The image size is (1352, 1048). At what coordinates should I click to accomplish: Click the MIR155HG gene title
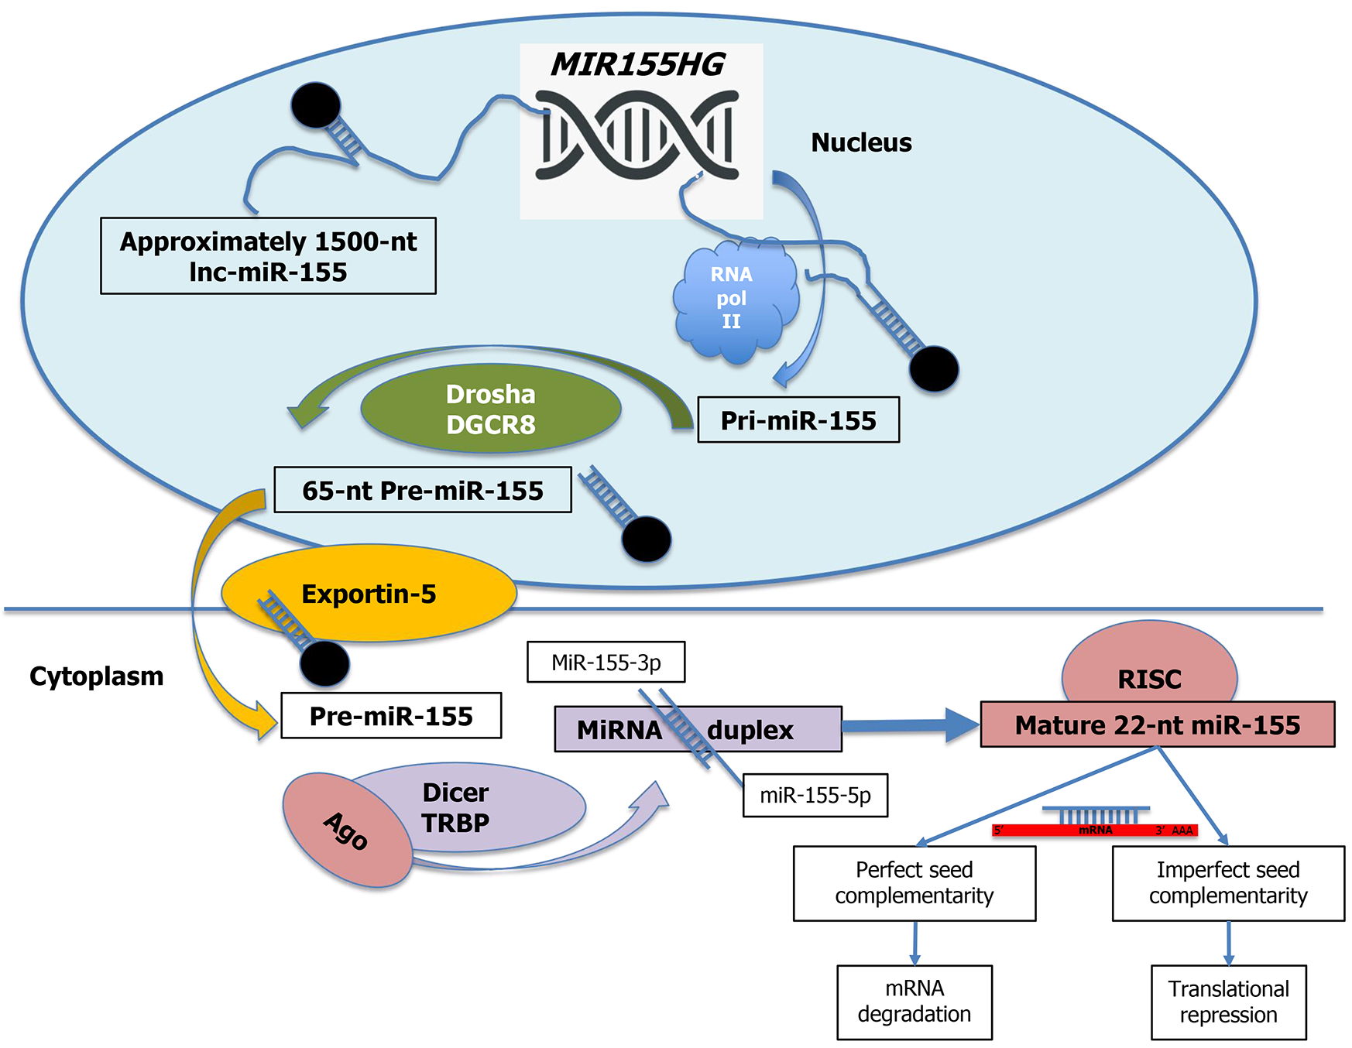click(x=637, y=65)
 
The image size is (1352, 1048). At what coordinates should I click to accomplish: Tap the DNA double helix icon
click(x=637, y=135)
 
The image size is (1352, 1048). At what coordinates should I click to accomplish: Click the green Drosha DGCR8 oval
click(x=490, y=409)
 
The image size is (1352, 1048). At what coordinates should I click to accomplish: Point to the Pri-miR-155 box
click(x=798, y=420)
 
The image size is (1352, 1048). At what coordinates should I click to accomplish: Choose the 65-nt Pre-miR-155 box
click(x=423, y=490)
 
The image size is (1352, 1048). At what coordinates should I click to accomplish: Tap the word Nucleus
click(x=861, y=142)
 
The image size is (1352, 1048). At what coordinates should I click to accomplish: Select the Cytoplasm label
click(x=97, y=676)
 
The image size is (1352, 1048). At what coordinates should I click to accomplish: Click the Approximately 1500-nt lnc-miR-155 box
click(x=268, y=256)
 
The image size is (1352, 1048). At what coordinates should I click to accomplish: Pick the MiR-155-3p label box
click(x=606, y=663)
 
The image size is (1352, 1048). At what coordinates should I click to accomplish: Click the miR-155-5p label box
click(x=815, y=796)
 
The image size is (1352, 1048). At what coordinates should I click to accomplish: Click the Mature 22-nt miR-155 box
click(x=1157, y=725)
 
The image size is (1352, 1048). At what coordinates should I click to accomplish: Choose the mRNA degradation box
click(x=914, y=1002)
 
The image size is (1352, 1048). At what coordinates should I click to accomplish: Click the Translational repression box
click(x=1228, y=1002)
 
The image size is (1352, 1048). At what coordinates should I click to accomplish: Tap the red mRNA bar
click(x=1094, y=831)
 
